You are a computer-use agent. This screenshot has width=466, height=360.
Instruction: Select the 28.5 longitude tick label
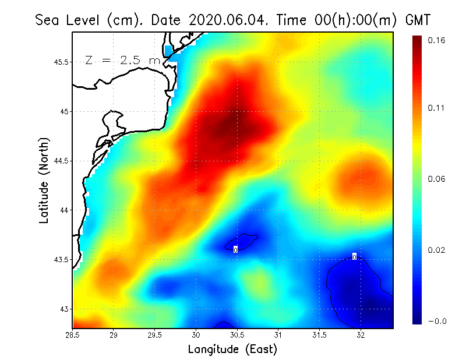point(72,335)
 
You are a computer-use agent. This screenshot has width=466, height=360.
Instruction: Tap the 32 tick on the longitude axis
point(361,335)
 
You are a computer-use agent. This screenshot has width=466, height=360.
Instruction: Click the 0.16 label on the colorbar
point(437,40)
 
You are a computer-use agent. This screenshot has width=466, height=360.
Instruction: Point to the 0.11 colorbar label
point(437,108)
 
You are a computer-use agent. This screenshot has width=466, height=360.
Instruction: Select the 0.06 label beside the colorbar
point(437,179)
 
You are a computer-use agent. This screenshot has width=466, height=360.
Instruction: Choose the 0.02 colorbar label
point(437,250)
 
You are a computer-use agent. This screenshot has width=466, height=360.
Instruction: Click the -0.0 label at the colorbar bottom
point(437,321)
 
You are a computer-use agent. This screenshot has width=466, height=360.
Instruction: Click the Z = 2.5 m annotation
point(122,61)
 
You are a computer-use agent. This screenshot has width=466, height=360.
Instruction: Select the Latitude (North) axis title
point(44,181)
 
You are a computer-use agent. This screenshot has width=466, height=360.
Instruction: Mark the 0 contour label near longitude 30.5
point(235,249)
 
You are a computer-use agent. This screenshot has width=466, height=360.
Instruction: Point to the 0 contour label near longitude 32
point(354,256)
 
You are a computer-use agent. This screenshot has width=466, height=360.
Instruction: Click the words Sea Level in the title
point(68,20)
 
